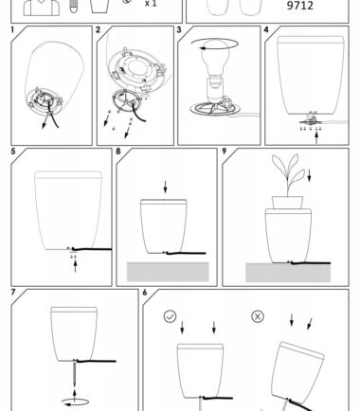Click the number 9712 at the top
coord(300,6)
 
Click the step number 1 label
coord(12,29)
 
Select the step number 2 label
coord(98,29)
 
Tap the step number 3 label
coord(179,29)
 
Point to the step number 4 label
coord(266,29)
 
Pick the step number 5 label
coord(13,152)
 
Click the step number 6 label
coord(145,293)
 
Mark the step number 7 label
coord(13,293)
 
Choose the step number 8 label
coord(118,152)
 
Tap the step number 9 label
coord(225,152)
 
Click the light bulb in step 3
coord(215,63)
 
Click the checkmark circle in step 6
coord(170,316)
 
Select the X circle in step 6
coord(258,316)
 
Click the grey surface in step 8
coord(168,272)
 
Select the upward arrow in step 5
coord(75,265)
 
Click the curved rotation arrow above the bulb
coord(215,45)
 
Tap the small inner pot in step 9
coord(287,203)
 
